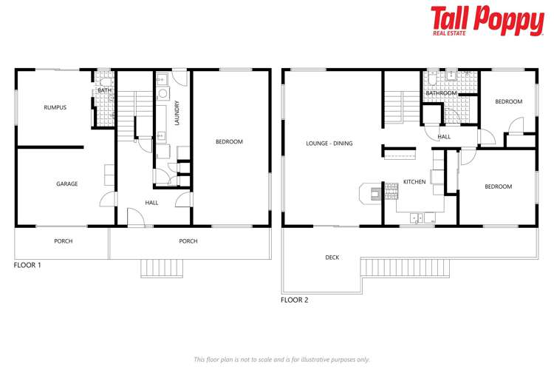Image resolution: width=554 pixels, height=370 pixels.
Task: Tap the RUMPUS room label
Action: (x=55, y=107)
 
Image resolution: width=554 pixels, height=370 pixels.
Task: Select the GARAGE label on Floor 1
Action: (x=66, y=184)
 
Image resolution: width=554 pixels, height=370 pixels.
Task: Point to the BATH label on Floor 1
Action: (x=104, y=90)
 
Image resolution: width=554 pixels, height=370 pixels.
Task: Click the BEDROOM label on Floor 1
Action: (x=229, y=141)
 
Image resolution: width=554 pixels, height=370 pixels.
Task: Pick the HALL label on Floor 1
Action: (x=151, y=202)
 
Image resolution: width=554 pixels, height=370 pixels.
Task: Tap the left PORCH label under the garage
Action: (x=63, y=241)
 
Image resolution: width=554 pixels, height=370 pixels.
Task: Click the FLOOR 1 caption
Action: (x=28, y=264)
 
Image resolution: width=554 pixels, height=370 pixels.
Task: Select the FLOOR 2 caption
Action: (x=294, y=300)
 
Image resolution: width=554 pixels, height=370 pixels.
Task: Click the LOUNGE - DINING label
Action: (x=329, y=144)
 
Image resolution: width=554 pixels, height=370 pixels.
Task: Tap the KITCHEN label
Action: (x=414, y=181)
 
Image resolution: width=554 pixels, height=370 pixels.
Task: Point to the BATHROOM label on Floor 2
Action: (x=441, y=93)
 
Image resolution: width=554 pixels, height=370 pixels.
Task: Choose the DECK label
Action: (x=332, y=258)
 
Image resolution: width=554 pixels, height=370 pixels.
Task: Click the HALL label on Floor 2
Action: (x=444, y=137)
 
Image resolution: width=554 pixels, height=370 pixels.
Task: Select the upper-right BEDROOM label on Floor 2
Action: (x=508, y=101)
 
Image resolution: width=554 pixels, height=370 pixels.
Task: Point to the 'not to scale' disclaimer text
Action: (x=281, y=359)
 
